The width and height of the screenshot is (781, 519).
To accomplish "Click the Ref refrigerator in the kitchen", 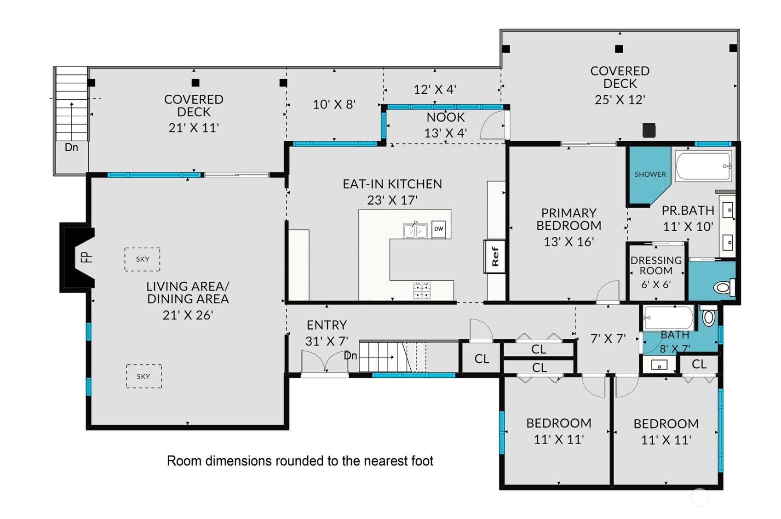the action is click(494, 256).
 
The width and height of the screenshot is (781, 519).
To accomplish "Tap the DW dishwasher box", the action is click(439, 229).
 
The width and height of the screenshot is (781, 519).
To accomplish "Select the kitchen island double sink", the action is click(415, 230).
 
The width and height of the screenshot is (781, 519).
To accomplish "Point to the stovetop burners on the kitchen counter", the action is click(422, 291).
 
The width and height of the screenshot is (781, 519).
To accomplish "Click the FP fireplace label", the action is click(86, 257).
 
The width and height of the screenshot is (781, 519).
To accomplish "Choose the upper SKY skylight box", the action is click(142, 259).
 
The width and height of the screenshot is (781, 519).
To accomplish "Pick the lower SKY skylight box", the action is click(144, 376).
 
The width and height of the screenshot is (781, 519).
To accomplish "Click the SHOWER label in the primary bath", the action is click(650, 174).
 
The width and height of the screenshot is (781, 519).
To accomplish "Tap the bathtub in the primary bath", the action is click(703, 166).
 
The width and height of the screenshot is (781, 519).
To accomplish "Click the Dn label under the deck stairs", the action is click(71, 147).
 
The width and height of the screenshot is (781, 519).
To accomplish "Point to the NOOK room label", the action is click(446, 118).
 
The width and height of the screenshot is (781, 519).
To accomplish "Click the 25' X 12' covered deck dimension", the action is click(620, 100).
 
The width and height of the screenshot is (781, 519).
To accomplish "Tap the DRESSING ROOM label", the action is click(656, 265).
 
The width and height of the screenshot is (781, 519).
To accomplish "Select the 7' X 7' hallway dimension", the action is click(608, 338).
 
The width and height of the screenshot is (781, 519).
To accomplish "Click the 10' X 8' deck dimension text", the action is click(334, 104).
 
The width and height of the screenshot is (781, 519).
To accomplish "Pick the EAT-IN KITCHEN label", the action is click(392, 184).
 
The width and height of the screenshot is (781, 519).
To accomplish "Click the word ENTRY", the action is click(327, 325).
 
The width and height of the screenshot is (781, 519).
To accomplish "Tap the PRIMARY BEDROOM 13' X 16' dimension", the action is click(569, 241).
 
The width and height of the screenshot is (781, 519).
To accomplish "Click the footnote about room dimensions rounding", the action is click(300, 461).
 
